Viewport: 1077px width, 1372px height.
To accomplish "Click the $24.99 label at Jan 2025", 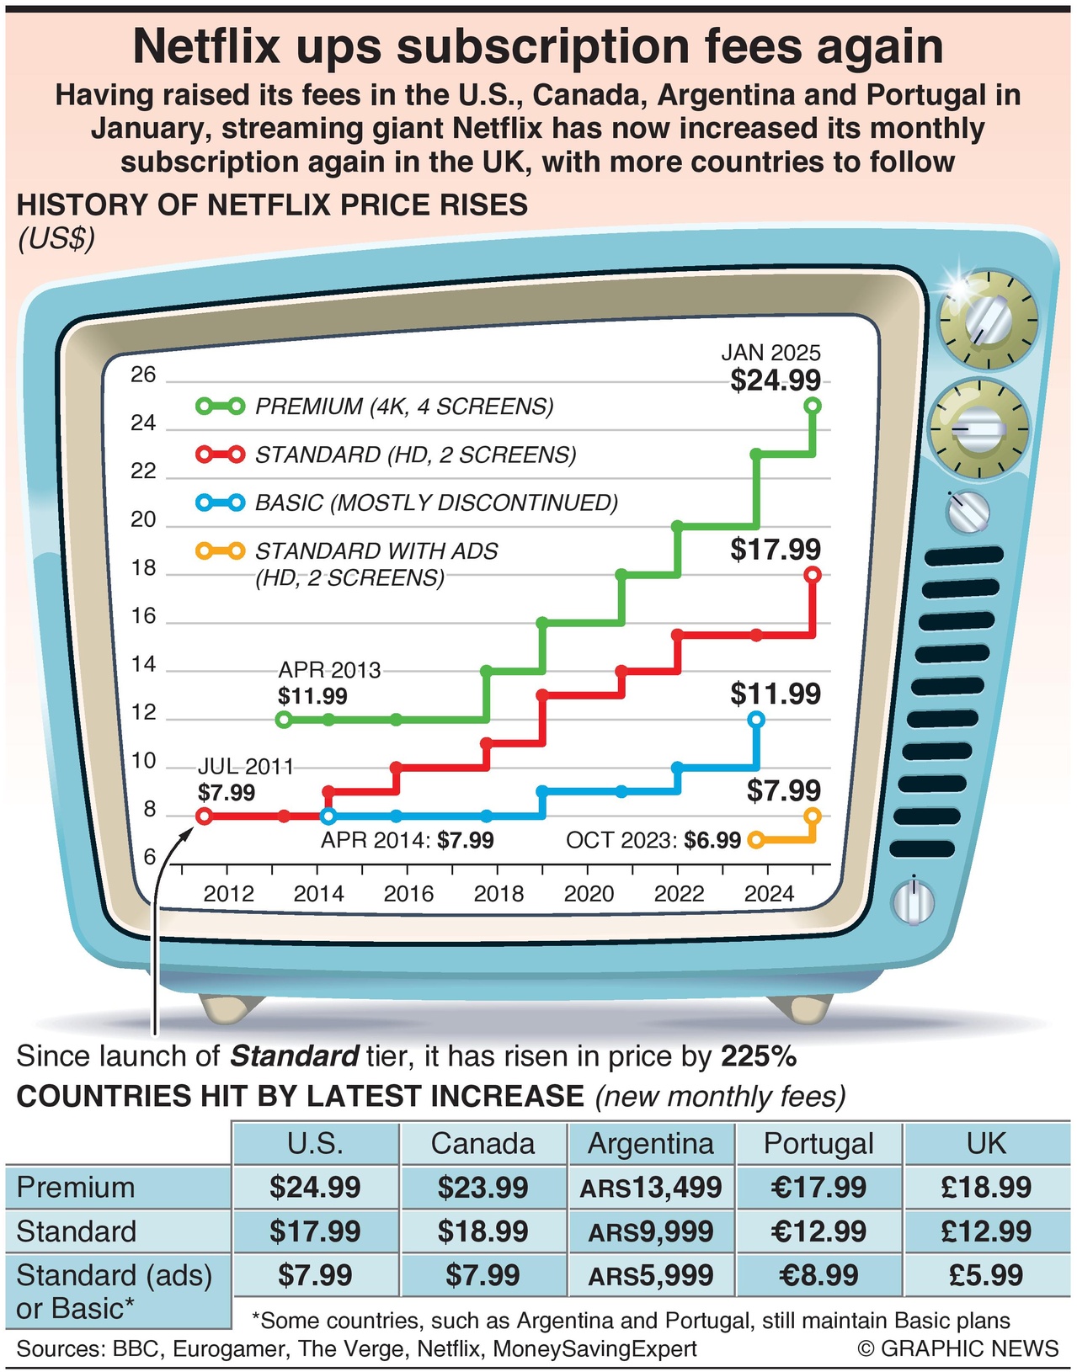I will (x=775, y=380).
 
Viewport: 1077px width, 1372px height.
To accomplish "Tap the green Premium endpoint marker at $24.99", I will (x=813, y=406).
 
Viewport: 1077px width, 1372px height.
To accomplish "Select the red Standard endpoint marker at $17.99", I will (x=813, y=575).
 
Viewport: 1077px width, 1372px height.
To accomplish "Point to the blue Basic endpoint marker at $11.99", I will (x=756, y=720).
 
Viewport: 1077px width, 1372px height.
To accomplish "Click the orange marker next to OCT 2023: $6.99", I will (x=755, y=839).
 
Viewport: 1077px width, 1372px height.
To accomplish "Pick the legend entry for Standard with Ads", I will (x=376, y=551).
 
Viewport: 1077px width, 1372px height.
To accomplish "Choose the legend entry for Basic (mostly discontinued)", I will (x=435, y=503).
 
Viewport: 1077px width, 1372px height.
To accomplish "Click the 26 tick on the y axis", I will (x=143, y=375).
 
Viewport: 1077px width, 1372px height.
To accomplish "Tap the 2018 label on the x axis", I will (x=499, y=893).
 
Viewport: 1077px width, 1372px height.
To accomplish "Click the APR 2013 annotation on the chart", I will (x=329, y=670).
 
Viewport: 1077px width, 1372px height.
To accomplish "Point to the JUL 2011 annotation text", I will (x=245, y=767).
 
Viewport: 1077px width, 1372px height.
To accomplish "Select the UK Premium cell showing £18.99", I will (x=986, y=1188).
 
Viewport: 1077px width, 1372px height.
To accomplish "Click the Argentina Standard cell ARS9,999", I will (x=651, y=1231).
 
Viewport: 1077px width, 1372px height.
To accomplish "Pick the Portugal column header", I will (x=818, y=1143).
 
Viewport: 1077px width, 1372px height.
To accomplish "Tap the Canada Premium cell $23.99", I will (x=483, y=1188).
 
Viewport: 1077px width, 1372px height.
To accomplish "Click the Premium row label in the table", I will (x=76, y=1188).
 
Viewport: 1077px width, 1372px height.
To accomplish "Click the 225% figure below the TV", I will (x=759, y=1056).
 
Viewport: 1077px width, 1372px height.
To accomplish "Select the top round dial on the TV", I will (x=988, y=321).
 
